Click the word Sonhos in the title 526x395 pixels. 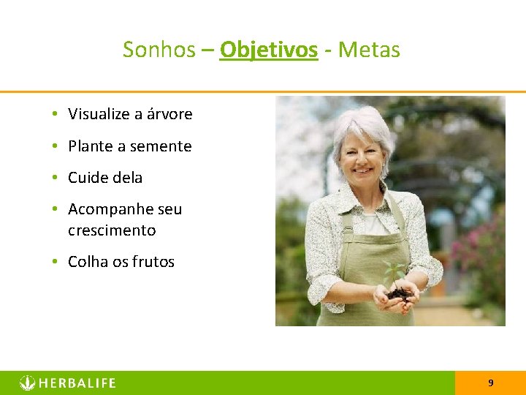tap(159, 50)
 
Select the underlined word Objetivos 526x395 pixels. tap(269, 50)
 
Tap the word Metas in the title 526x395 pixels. tap(369, 50)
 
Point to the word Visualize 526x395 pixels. tap(100, 114)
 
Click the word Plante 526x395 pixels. tap(91, 146)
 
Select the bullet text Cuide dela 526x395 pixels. tap(105, 178)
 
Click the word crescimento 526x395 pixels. tap(112, 230)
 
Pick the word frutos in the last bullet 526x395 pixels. tap(153, 262)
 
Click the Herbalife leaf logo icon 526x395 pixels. tap(27, 383)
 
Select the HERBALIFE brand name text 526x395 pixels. tap(77, 383)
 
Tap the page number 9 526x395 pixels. tap(490, 383)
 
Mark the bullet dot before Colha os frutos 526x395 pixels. tap(56, 262)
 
